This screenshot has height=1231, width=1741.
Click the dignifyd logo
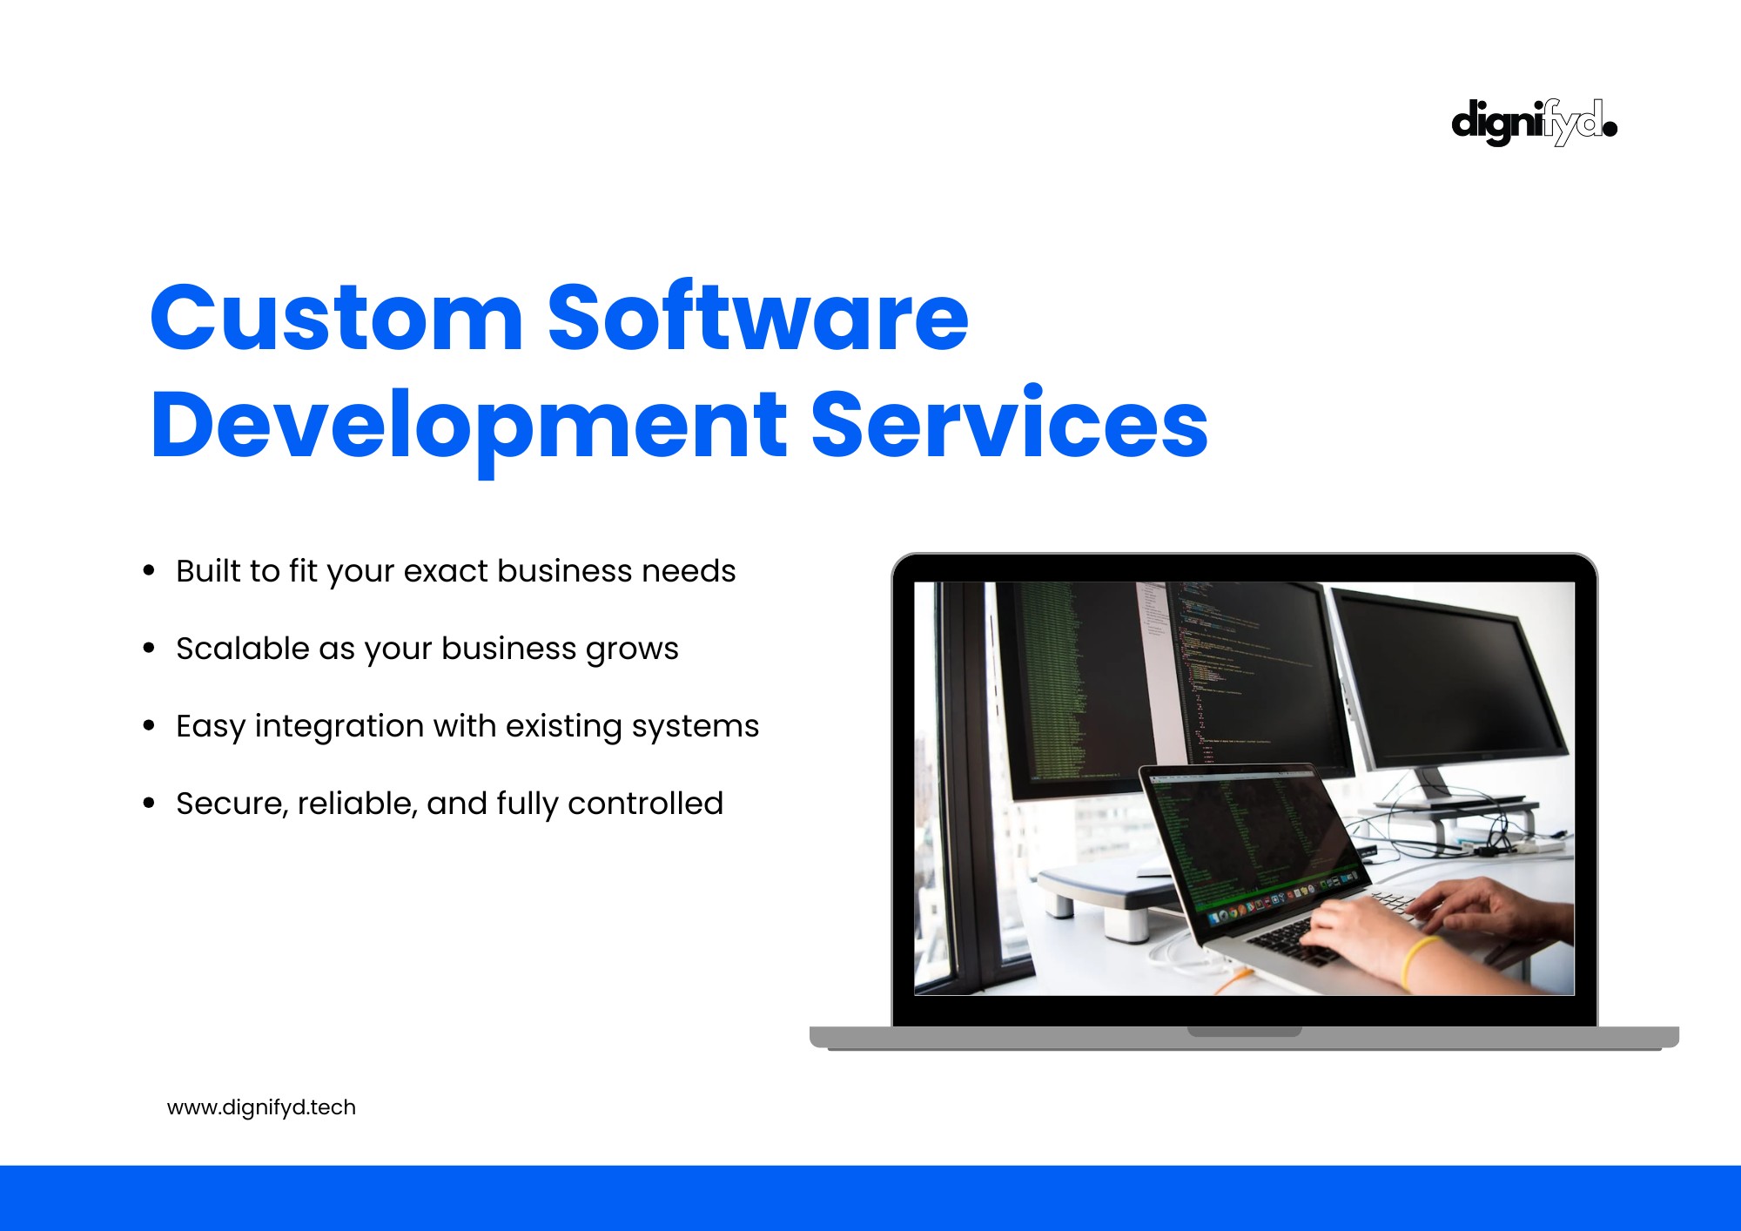click(1534, 123)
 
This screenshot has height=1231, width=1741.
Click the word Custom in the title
click(337, 318)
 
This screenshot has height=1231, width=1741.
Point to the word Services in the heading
click(1010, 422)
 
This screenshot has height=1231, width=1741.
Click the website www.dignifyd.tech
click(261, 1107)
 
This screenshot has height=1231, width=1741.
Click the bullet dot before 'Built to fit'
click(149, 571)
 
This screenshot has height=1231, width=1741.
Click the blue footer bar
click(870, 1198)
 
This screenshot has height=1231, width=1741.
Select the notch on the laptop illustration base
click(1245, 1032)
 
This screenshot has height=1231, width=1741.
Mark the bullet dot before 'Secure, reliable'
click(149, 804)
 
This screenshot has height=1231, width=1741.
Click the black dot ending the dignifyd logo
click(1610, 129)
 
